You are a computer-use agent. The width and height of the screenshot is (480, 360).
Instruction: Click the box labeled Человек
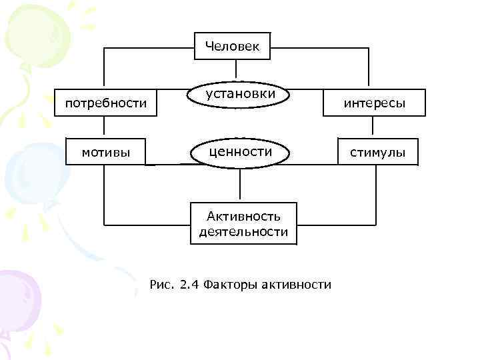[233, 46]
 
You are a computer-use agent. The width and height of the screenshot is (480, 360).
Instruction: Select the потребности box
[105, 103]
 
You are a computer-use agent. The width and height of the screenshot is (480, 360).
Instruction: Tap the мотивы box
[105, 153]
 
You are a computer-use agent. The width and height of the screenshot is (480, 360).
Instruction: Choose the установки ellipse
[241, 95]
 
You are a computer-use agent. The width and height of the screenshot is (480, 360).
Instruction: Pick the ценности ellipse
[241, 153]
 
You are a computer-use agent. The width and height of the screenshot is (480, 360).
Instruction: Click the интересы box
[373, 103]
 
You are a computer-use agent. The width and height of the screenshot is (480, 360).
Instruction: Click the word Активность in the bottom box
[243, 216]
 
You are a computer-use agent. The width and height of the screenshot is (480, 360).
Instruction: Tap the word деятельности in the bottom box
[243, 232]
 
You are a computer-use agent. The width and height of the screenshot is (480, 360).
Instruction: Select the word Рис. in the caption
[163, 285]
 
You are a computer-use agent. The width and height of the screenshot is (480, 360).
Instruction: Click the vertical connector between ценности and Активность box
[241, 184]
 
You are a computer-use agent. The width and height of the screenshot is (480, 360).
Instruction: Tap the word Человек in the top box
[233, 46]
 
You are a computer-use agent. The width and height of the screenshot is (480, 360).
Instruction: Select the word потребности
[105, 103]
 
